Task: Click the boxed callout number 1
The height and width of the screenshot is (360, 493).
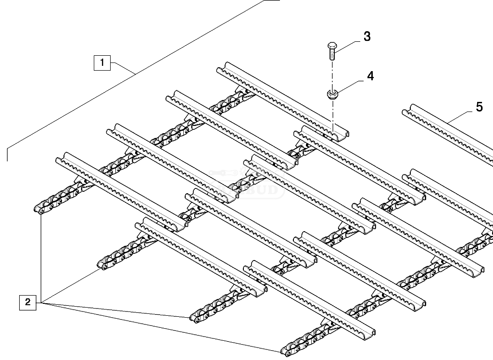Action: click(102, 63)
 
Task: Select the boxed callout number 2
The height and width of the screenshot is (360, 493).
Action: click(27, 303)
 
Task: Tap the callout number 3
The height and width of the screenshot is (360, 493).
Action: click(367, 37)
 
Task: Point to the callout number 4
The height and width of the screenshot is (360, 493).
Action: click(370, 76)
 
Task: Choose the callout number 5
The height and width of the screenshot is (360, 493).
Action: click(479, 107)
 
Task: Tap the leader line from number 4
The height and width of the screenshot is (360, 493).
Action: click(350, 85)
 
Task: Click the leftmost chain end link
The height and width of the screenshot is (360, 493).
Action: click(38, 210)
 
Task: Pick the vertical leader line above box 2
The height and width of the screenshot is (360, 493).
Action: click(42, 255)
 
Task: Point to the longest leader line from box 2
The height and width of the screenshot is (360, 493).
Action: click(159, 327)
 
